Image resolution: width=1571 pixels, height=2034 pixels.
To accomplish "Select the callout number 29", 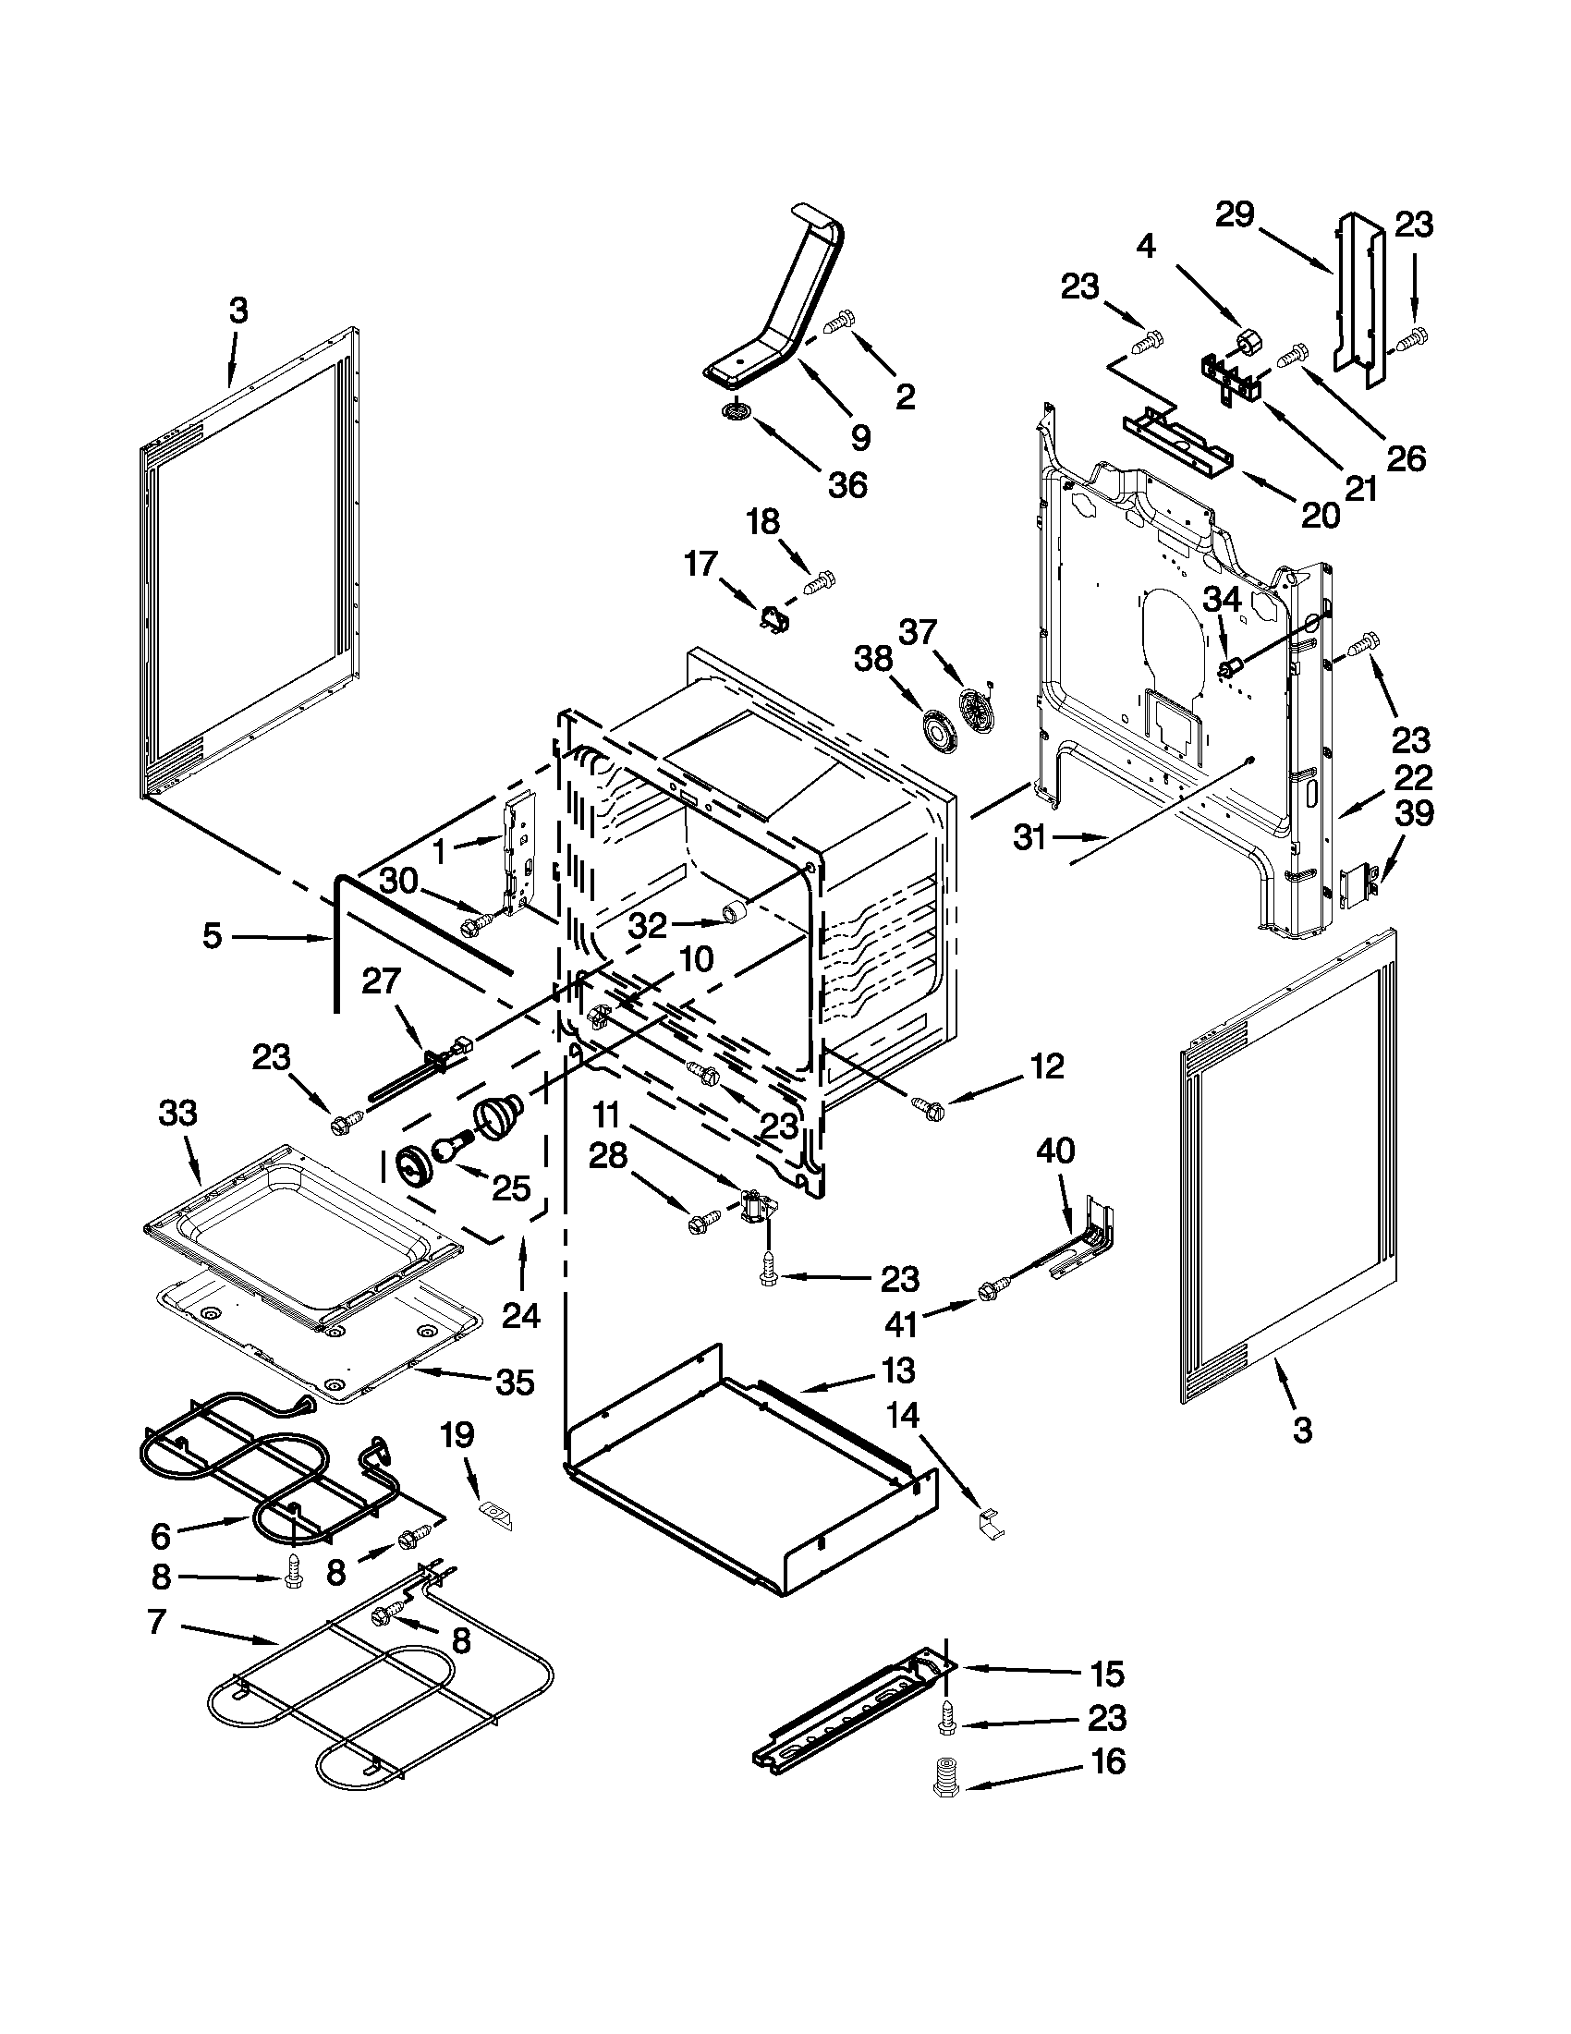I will pos(1235,215).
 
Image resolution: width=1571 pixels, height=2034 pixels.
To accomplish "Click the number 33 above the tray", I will pos(177,1113).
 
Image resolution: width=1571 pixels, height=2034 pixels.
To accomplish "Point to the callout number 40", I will pos(1054,1152).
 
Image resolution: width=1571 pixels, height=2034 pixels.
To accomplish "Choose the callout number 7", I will pos(155,1621).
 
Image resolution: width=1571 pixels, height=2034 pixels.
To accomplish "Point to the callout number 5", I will pos(213,935).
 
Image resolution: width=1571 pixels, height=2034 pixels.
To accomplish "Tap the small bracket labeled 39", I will pos(1358,881).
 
